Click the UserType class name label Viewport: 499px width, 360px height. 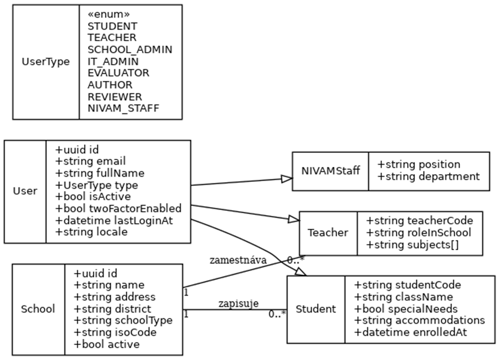pyautogui.click(x=46, y=62)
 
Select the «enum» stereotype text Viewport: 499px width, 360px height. pyautogui.click(x=109, y=14)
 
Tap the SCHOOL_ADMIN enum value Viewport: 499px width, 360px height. pyautogui.click(x=130, y=49)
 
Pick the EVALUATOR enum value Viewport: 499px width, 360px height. pyautogui.click(x=119, y=73)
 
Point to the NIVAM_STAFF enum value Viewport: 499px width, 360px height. pyautogui.click(x=124, y=108)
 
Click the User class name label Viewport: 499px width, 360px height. pyautogui.click(x=25, y=191)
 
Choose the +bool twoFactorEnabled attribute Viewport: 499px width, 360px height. pyautogui.click(x=118, y=209)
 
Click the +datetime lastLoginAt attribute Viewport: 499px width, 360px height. pyautogui.click(x=114, y=220)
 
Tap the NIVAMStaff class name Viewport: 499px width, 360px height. pyautogui.click(x=330, y=170)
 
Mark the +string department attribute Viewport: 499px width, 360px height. pyautogui.click(x=428, y=177)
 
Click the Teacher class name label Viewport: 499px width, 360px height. pyautogui.click(x=328, y=233)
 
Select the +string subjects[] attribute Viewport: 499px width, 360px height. pyautogui.click(x=412, y=245)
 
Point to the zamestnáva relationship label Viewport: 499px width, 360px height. pyautogui.click(x=238, y=260)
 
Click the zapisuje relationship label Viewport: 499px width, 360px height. pyautogui.click(x=238, y=303)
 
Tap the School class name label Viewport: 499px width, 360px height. pyautogui.click(x=38, y=309)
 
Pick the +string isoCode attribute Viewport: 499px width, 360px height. pyautogui.click(x=108, y=332)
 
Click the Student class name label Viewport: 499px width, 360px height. pyautogui.click(x=315, y=309)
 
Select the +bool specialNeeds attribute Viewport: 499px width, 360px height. pyautogui.click(x=406, y=309)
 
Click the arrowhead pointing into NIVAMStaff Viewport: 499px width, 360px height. pyautogui.click(x=287, y=179)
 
